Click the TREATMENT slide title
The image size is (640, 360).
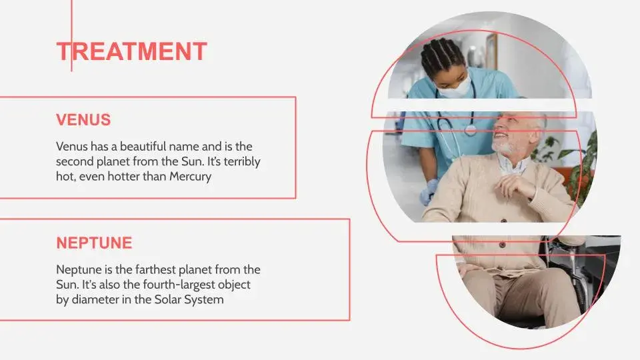click(x=132, y=51)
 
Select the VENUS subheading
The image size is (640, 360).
click(x=83, y=120)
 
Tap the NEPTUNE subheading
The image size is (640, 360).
click(x=94, y=243)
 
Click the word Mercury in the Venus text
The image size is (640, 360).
click(x=190, y=177)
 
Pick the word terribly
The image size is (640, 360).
click(x=242, y=161)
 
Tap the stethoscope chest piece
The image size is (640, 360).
click(x=470, y=130)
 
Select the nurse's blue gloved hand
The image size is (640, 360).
click(x=429, y=191)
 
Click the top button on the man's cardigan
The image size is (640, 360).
click(x=503, y=221)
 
